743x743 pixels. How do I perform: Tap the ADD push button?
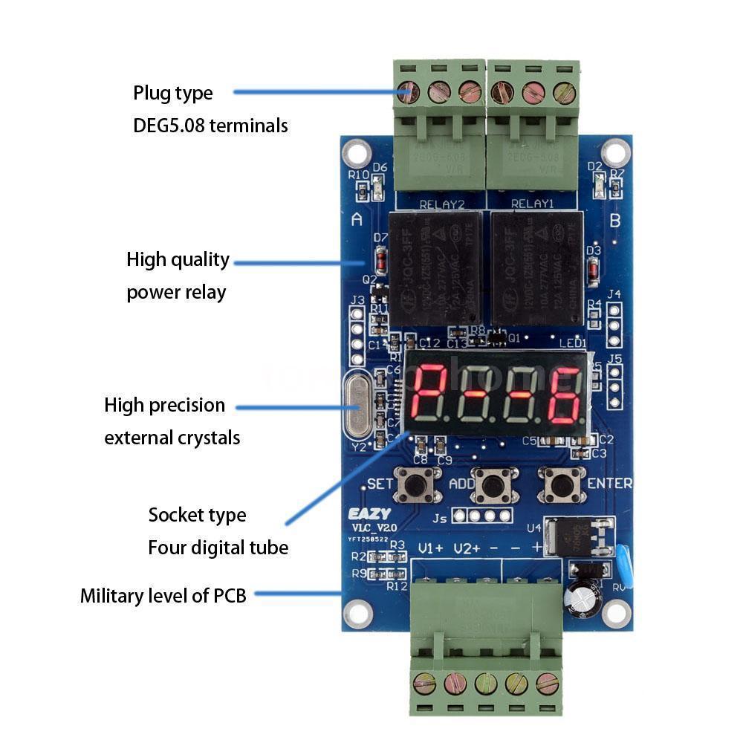click(492, 485)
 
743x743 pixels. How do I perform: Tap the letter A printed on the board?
click(357, 220)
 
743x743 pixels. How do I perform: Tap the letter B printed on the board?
click(614, 220)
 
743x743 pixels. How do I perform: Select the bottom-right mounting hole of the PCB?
click(616, 612)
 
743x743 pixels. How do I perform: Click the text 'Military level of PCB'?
click(163, 595)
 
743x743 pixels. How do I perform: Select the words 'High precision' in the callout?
click(164, 406)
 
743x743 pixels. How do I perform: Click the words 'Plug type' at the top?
click(172, 94)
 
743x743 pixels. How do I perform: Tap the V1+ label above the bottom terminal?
click(430, 548)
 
